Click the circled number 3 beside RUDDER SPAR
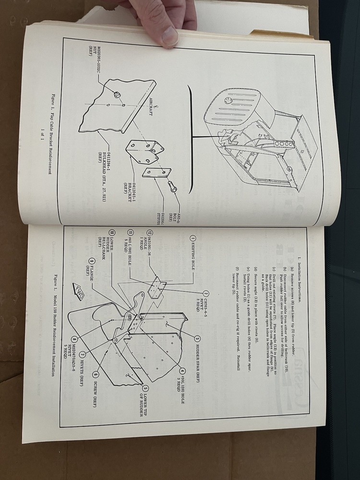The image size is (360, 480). click(x=197, y=338)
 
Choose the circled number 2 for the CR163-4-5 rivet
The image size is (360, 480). click(x=205, y=293)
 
